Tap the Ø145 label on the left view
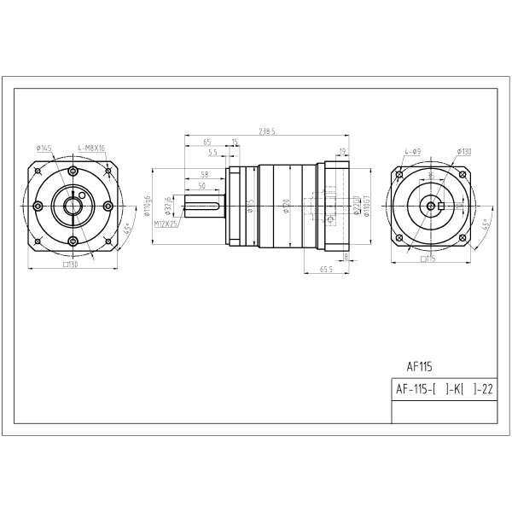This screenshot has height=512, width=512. coord(44,148)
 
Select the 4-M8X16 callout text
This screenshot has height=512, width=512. coord(90,148)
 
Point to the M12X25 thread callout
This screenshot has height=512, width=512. coord(167,224)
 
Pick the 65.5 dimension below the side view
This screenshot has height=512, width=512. coord(325,269)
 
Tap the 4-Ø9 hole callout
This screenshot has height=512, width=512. coord(413,152)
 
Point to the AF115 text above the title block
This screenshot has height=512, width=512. coord(419,368)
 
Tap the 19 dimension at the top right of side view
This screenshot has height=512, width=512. coord(342,152)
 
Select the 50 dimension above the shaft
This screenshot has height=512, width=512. coord(201,185)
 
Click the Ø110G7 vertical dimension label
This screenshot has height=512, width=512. coord(366,207)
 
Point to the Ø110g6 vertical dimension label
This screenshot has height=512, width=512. coord(148,207)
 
